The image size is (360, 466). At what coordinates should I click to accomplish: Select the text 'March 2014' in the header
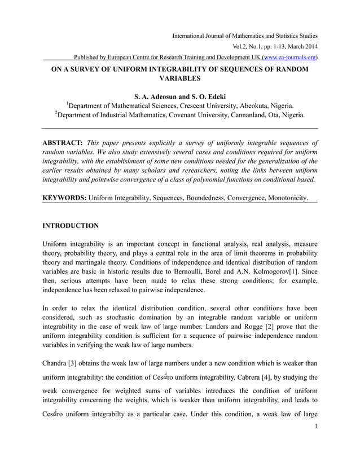(x=298, y=47)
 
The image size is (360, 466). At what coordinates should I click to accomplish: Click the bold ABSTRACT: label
(x=63, y=143)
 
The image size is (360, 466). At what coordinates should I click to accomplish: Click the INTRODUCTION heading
(x=71, y=226)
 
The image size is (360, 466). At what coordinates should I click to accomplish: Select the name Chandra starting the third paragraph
(x=55, y=363)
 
